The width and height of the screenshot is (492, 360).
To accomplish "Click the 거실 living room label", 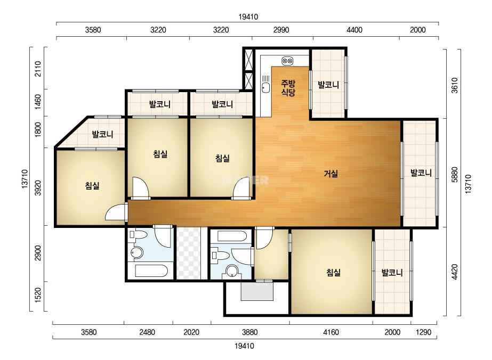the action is (330, 174).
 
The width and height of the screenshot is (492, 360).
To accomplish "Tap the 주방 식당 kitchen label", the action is (288, 88).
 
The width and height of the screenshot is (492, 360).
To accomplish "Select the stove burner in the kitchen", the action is (287, 61).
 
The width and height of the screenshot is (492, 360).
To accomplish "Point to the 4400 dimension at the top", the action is (354, 30).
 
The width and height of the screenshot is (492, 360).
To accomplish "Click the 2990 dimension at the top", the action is (281, 30).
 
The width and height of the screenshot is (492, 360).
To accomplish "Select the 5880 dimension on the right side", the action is (455, 175).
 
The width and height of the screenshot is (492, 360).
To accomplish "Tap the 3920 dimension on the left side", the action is (38, 188).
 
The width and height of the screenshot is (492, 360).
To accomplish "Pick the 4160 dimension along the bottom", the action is (331, 332).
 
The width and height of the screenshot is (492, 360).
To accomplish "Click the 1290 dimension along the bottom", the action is (424, 332).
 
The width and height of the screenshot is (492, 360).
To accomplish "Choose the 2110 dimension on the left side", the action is (38, 69).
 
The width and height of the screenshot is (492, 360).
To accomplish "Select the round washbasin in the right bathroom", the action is (232, 271).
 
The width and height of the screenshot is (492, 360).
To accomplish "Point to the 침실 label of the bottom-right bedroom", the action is (333, 273).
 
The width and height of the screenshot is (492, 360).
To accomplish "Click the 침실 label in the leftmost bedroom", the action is (92, 186).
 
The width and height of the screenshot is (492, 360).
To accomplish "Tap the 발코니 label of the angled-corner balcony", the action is (102, 135).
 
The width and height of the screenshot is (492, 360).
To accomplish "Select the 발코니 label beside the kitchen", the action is (328, 85).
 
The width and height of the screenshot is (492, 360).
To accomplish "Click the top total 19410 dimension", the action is (248, 17).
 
